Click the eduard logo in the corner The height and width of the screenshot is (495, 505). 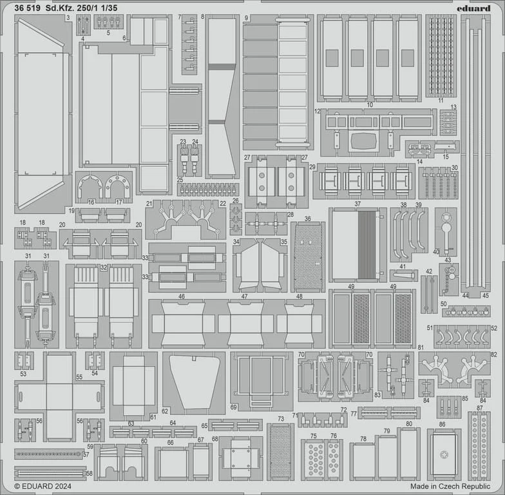(x=473, y=8)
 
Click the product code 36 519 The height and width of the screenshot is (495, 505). (x=27, y=9)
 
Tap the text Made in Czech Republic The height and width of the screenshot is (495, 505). (x=450, y=486)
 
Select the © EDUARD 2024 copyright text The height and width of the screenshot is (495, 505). (x=43, y=486)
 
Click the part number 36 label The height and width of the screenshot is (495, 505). (x=308, y=219)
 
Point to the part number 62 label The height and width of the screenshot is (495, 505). (x=165, y=411)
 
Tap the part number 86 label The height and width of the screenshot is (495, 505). (x=442, y=424)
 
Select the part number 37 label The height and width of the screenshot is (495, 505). (x=357, y=204)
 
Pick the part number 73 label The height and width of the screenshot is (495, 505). (x=281, y=419)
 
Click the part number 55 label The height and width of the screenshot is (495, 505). (x=79, y=376)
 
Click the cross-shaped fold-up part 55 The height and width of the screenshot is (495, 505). (x=59, y=396)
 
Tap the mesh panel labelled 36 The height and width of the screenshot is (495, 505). (x=308, y=257)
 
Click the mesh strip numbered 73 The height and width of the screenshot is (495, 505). (x=281, y=451)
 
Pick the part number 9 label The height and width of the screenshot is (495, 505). (x=246, y=18)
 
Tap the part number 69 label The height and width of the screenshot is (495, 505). (x=233, y=407)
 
